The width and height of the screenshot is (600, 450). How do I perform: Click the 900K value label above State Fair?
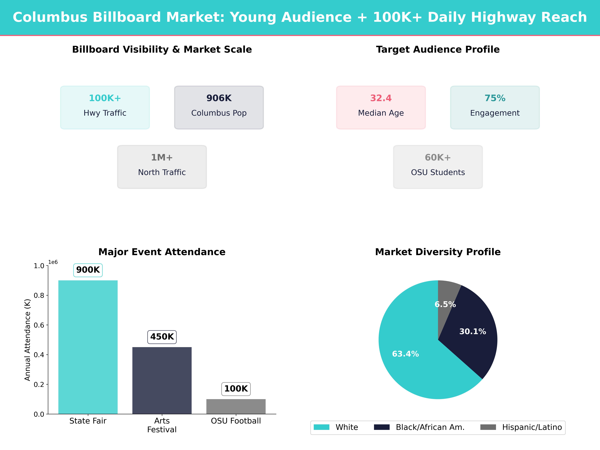88,270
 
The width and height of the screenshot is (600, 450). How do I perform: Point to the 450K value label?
162,337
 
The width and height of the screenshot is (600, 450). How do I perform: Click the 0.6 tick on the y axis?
39,325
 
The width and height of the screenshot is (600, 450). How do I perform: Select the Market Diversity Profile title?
438,252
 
